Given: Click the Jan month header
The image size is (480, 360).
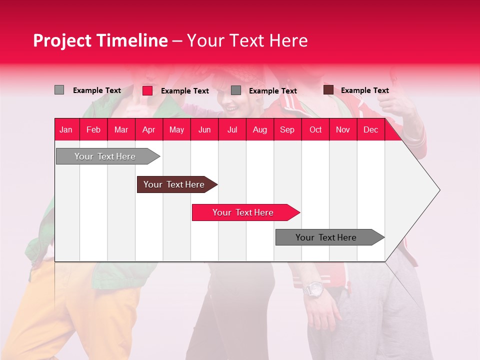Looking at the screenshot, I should pos(66,129).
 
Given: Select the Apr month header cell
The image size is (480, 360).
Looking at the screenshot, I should pos(149,129).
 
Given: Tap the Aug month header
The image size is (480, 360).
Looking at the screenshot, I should pos(259,129).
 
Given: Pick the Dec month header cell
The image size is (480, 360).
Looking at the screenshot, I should pos(370,129).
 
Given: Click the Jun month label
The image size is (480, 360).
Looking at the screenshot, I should pos(204,129).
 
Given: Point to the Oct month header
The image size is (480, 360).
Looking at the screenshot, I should pos(315,129).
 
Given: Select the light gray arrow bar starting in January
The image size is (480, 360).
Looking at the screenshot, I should pos(105,156).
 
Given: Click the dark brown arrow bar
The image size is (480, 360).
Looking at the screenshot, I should pos(174,184).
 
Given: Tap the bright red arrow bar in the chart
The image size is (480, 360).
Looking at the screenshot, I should pos(243,212).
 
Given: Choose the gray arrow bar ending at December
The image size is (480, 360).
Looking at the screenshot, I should pos(326,237).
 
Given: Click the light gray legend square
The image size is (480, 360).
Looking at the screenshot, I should pos(59,90).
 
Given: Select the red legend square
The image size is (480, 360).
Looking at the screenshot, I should pos(147,90).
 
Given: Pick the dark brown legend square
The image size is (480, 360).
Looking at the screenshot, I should pos(328,90).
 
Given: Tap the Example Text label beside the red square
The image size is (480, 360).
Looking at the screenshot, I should pos(185,91).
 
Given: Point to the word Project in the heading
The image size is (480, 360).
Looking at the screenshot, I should pos(62,40).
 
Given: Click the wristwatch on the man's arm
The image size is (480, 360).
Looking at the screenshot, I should pos(314,289).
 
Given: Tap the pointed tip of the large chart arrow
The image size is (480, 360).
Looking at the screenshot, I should pos(438,190).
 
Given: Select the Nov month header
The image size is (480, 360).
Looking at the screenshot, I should pos(343,129).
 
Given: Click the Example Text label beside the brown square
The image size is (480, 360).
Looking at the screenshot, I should pos(365,90).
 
